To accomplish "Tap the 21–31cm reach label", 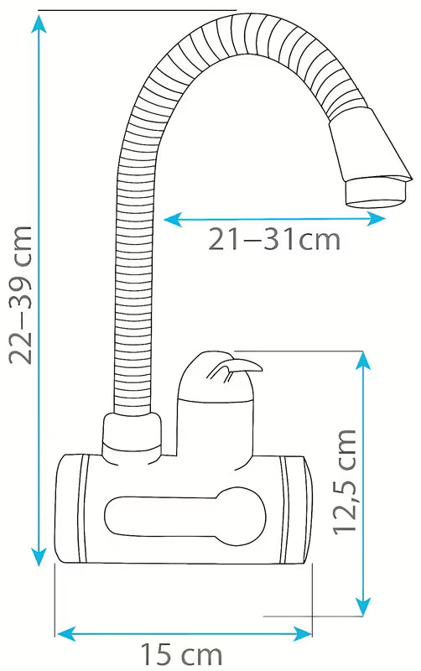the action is [274, 239].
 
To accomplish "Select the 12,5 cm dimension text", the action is [345, 481].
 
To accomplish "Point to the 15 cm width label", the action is [181, 655].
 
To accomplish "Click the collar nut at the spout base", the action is [133, 439].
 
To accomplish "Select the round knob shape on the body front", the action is [240, 518].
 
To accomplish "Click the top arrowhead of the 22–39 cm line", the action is [39, 23].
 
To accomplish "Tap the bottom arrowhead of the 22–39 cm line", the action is [39, 557].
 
